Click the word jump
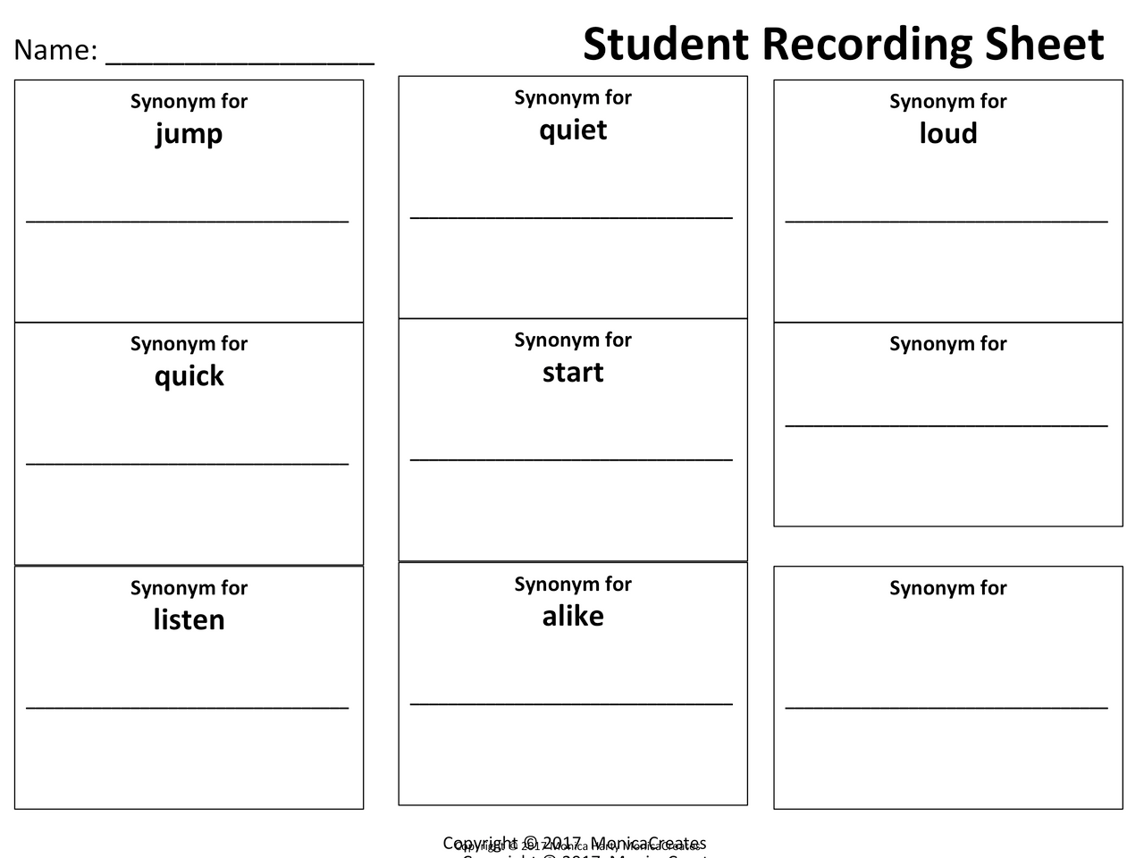pos(189,134)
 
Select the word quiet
pos(573,130)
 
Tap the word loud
pos(948,133)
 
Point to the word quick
pos(189,376)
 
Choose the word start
pos(573,372)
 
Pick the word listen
pos(189,619)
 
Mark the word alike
pos(573,616)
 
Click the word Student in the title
pos(665,44)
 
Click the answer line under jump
pos(188,220)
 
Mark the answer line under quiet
pos(571,216)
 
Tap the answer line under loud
pos(946,220)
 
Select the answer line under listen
pos(188,707)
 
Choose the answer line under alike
pos(571,703)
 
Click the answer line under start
pos(571,459)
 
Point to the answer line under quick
pos(188,463)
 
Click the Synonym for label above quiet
pos(573,97)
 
